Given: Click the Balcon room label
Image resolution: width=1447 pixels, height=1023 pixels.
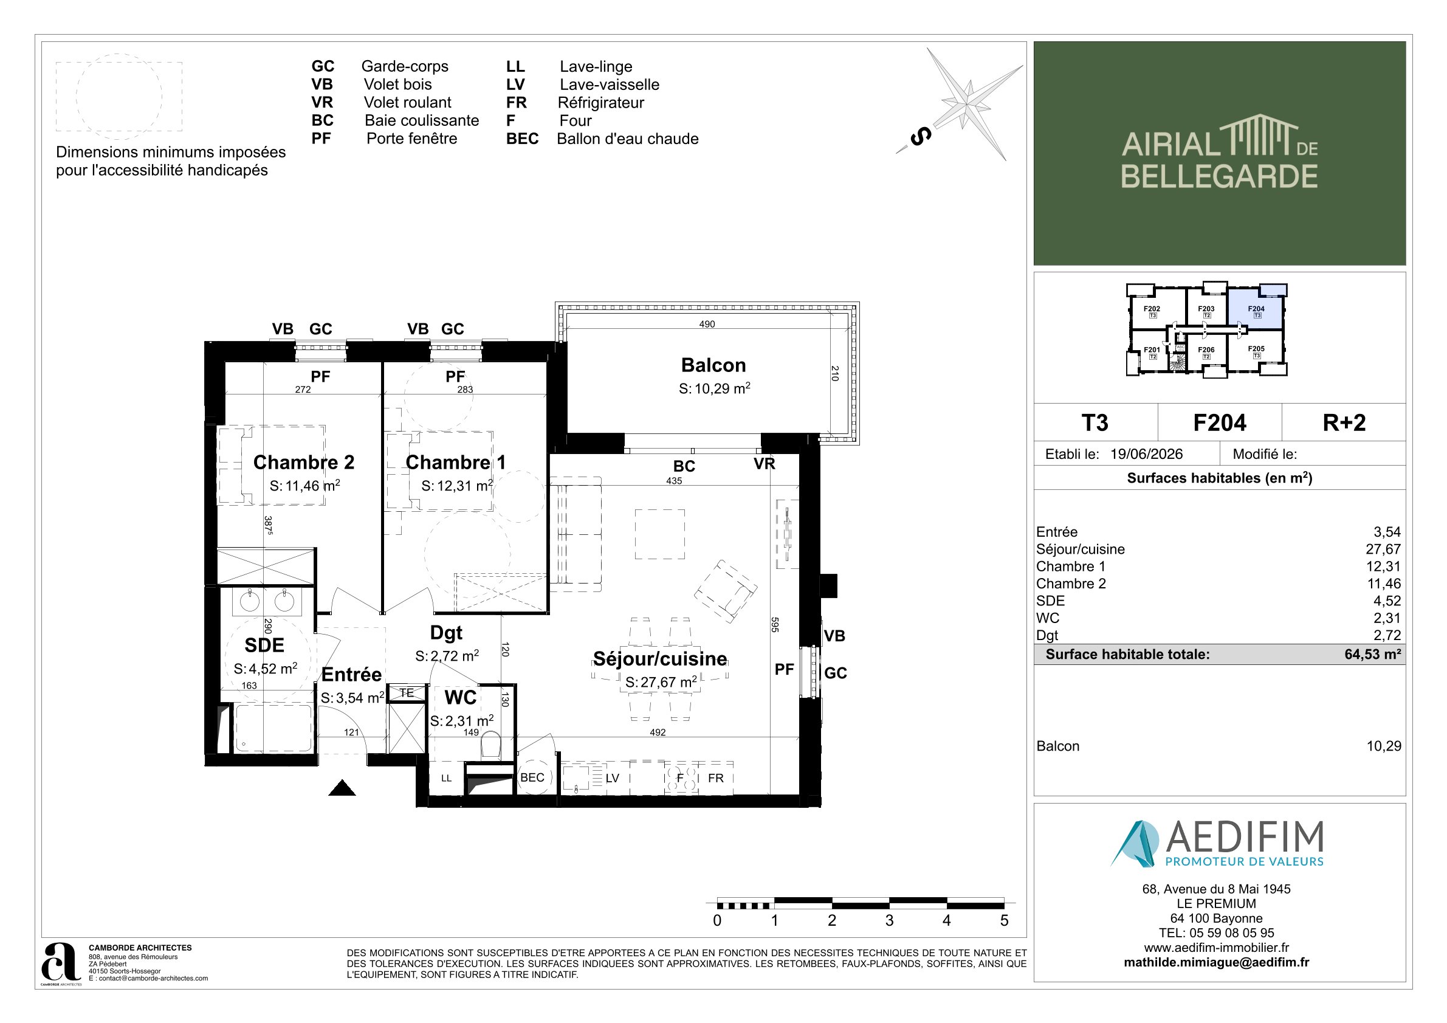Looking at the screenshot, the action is pyautogui.click(x=713, y=365).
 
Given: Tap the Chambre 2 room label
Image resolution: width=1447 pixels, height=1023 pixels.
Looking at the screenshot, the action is pyautogui.click(x=304, y=462).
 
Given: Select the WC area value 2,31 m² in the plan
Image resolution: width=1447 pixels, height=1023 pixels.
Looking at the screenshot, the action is pyautogui.click(x=462, y=720).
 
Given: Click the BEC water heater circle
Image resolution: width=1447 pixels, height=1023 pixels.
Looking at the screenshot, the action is pyautogui.click(x=532, y=777).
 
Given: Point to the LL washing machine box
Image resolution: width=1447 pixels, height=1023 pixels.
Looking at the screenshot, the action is pyautogui.click(x=446, y=778).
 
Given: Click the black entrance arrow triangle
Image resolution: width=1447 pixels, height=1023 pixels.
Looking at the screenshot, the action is pyautogui.click(x=342, y=787).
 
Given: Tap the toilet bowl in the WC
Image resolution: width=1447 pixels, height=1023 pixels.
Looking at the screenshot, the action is pyautogui.click(x=490, y=746).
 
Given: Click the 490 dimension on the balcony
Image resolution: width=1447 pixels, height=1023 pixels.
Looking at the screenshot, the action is pyautogui.click(x=707, y=324).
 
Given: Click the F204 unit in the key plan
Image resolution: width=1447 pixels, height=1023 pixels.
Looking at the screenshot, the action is pyautogui.click(x=1256, y=308).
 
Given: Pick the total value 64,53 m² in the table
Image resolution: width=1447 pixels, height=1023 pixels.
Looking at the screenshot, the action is pyautogui.click(x=1373, y=654).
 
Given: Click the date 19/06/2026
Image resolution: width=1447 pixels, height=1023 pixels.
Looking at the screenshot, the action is pyautogui.click(x=1146, y=454).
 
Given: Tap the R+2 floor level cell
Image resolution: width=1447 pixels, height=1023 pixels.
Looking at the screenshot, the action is pyautogui.click(x=1344, y=422).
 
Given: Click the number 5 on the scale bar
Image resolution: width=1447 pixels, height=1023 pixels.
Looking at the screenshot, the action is pyautogui.click(x=1004, y=920).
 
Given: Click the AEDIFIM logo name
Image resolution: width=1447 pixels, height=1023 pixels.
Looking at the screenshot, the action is pyautogui.click(x=1245, y=837).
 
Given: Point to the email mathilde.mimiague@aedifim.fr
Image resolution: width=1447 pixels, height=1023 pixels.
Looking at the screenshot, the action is pyautogui.click(x=1216, y=962).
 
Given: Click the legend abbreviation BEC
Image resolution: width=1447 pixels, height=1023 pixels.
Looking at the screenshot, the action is pyautogui.click(x=523, y=139).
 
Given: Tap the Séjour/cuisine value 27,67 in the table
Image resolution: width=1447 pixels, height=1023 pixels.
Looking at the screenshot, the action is pyautogui.click(x=1383, y=549).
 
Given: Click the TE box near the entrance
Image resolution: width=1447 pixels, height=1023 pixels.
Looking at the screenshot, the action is pyautogui.click(x=407, y=693).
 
